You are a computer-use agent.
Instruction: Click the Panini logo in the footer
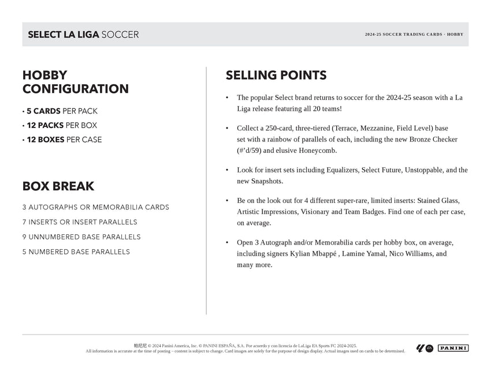(x=453, y=348)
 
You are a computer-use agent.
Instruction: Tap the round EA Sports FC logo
(x=429, y=348)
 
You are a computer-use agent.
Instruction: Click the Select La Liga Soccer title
(x=83, y=35)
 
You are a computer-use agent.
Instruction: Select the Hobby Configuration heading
(x=75, y=82)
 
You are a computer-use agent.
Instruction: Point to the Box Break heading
(x=58, y=186)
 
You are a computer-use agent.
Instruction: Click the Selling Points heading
(x=276, y=75)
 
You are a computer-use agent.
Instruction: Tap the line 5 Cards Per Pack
(x=59, y=111)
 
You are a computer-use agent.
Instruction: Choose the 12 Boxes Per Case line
(x=62, y=140)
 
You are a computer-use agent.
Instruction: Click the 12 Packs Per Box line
(x=59, y=125)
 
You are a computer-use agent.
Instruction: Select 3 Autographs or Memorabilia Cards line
(x=95, y=207)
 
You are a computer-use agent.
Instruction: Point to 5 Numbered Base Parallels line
(x=76, y=252)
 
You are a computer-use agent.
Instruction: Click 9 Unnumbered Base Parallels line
(x=81, y=237)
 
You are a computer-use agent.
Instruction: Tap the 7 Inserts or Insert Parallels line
(x=80, y=222)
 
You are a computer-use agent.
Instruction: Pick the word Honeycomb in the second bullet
(x=316, y=151)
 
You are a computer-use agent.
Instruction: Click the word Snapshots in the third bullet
(x=265, y=181)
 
